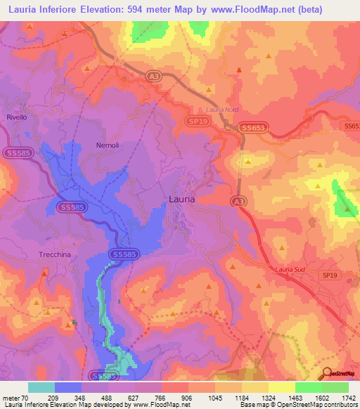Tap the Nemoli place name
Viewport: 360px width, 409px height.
pos(108,145)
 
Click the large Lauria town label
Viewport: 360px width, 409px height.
pos(182,200)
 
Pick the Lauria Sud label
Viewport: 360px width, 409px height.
pos(288,269)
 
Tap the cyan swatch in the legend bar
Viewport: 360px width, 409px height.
pos(41,387)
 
